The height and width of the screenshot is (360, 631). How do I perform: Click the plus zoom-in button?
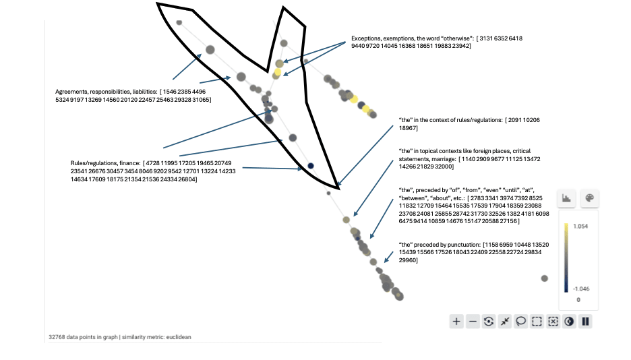click(x=456, y=322)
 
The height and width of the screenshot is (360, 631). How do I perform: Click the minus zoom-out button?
click(x=473, y=322)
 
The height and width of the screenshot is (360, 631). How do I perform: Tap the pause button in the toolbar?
click(x=586, y=322)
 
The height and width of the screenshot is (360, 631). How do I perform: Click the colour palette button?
click(x=589, y=198)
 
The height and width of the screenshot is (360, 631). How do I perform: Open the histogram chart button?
click(x=567, y=198)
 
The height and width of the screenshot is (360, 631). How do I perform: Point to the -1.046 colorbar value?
click(x=580, y=288)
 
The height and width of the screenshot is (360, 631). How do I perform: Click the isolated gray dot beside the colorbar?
click(x=545, y=278)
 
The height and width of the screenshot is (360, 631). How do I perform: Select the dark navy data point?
click(x=311, y=165)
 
